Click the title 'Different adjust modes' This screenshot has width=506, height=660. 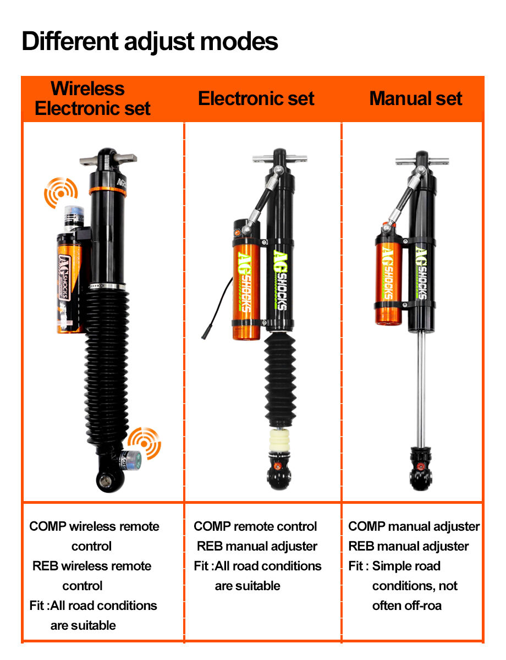tap(150, 42)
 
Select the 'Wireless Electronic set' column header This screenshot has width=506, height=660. tap(92, 98)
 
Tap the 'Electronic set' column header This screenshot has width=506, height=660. tap(256, 99)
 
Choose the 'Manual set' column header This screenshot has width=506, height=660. tap(416, 99)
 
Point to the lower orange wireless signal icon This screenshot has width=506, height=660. tap(145, 442)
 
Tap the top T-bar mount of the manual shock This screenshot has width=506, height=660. tap(422, 161)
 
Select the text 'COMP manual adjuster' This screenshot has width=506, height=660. tap(414, 526)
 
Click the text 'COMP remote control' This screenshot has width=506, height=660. tap(255, 526)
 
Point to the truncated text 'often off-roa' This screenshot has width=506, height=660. tap(406, 606)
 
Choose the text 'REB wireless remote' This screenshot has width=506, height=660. tap(92, 566)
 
